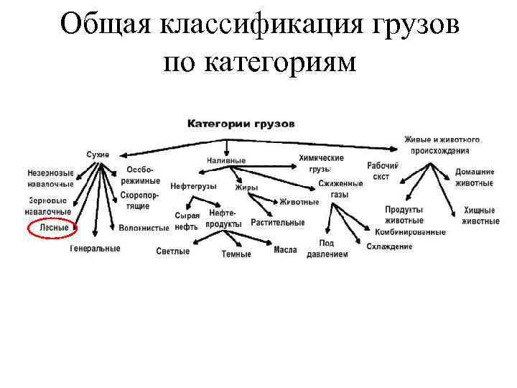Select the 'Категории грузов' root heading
tap(241, 123)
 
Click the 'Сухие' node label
tap(98, 154)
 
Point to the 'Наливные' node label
tap(226, 160)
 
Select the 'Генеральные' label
tap(95, 249)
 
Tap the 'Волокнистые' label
tap(144, 228)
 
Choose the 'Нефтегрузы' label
tap(194, 186)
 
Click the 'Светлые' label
tap(173, 251)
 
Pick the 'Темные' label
tap(236, 254)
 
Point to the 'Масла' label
tap(285, 250)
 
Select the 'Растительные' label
tap(278, 223)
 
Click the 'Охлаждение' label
tap(389, 247)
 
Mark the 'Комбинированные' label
tap(410, 232)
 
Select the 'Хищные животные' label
tap(480, 216)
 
